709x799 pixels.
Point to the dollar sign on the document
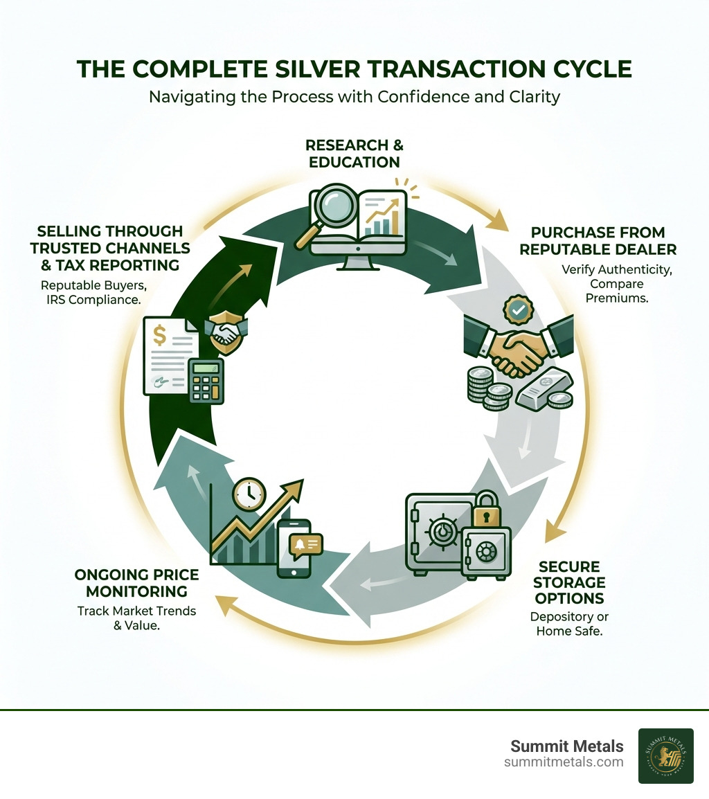(x=160, y=337)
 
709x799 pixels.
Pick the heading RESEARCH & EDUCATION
(x=354, y=154)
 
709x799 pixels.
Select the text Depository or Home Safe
(x=568, y=624)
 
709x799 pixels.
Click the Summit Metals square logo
(x=665, y=755)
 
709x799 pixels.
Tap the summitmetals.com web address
(x=564, y=762)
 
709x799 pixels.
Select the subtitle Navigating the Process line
(x=354, y=96)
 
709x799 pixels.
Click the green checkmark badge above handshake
(x=517, y=310)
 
